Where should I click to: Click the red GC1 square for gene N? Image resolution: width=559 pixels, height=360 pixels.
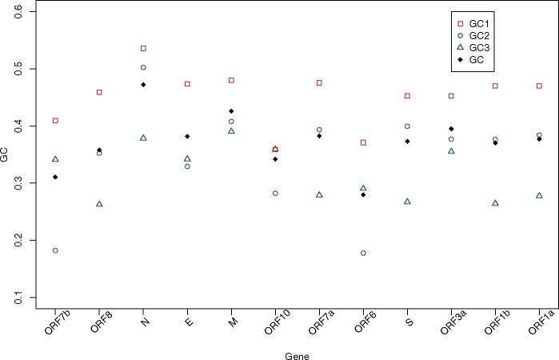(x=143, y=48)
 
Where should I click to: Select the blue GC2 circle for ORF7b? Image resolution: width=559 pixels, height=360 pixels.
(x=55, y=250)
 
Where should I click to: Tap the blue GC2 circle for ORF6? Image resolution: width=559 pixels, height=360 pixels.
(x=363, y=254)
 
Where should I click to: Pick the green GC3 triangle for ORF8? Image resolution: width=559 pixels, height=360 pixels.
(x=99, y=204)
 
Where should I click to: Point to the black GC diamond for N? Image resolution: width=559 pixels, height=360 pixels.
(x=143, y=85)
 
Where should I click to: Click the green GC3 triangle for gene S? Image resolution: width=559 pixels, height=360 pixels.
(x=407, y=202)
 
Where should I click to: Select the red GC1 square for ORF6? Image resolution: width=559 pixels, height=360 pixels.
(x=363, y=142)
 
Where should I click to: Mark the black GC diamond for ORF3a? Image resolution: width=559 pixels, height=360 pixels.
(x=451, y=129)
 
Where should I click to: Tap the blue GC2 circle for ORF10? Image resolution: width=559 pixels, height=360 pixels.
(x=275, y=194)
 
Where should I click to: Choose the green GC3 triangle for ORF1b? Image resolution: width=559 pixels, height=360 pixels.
(x=495, y=203)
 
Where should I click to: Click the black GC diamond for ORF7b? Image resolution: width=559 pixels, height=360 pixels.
(x=55, y=177)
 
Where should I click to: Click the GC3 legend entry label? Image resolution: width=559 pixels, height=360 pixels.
(x=479, y=48)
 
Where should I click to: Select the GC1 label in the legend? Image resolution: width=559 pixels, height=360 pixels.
(x=479, y=24)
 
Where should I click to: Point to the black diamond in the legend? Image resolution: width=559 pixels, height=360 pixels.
(x=461, y=59)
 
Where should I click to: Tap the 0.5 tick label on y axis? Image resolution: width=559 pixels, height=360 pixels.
(x=18, y=69)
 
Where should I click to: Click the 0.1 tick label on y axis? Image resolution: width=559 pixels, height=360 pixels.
(x=18, y=298)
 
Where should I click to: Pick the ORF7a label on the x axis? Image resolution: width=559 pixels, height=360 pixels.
(x=321, y=322)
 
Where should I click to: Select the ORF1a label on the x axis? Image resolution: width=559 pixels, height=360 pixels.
(x=541, y=322)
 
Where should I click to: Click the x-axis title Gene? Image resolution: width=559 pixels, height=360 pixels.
(x=297, y=356)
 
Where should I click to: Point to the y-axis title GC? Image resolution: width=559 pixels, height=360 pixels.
(x=4, y=156)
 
